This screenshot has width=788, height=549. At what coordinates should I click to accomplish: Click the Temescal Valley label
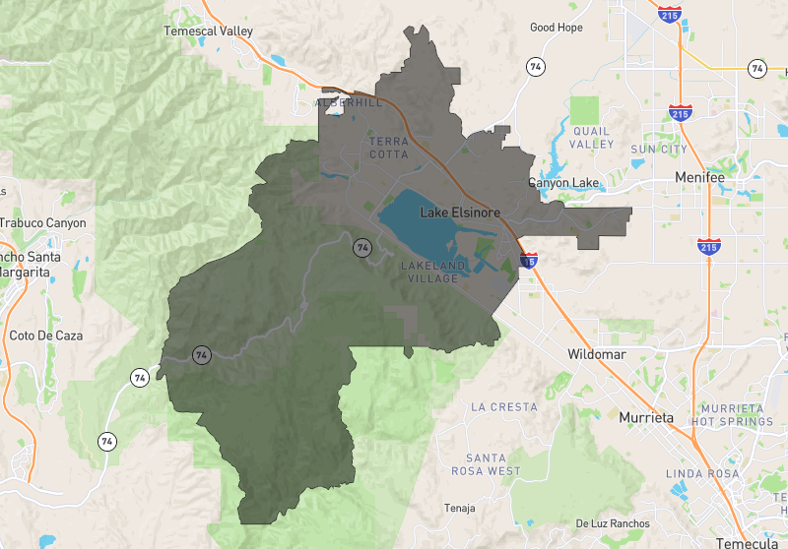coord(208,31)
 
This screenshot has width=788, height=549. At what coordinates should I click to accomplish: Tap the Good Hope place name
coord(557,28)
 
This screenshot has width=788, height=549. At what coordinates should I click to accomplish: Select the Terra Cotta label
coord(388,148)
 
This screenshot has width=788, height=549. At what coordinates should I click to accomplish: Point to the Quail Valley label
coord(593,137)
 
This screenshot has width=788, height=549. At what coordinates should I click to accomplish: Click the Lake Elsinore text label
coord(461,213)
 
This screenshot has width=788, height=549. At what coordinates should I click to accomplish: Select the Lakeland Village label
coord(429,273)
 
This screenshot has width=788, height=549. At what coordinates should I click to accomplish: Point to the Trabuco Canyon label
coord(42,223)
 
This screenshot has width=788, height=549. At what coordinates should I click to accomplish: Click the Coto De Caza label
coord(45,335)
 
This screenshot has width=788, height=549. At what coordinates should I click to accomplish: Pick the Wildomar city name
coord(597,354)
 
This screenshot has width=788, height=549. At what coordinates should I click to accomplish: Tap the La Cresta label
coord(504,406)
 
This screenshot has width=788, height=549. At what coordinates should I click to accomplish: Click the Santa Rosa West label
coord(492,464)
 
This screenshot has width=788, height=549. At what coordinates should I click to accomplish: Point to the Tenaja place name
coord(460,509)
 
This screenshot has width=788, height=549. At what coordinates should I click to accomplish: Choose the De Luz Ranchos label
coord(613,523)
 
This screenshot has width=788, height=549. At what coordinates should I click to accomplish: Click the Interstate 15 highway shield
coord(530,262)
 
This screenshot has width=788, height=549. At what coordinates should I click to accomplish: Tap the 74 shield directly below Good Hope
coord(536,67)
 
